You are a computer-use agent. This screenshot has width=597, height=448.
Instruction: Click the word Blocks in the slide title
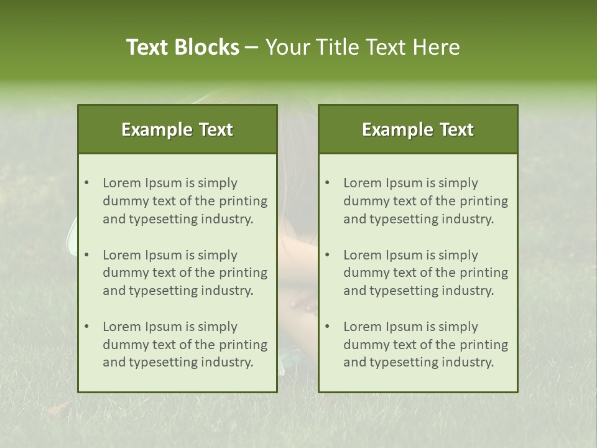tap(207, 47)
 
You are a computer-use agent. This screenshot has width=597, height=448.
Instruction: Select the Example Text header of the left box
tap(177, 129)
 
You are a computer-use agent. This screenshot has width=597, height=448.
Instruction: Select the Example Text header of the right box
tap(418, 129)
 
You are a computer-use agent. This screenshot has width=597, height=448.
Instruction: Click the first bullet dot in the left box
tap(86, 183)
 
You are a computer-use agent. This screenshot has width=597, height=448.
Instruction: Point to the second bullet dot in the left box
tap(86, 255)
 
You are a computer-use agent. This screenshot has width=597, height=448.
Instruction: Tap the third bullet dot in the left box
tap(86, 327)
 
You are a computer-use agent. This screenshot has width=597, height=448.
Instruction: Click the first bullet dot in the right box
tap(327, 183)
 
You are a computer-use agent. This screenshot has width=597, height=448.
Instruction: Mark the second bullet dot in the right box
tap(327, 255)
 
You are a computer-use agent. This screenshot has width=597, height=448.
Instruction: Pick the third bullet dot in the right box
tap(327, 327)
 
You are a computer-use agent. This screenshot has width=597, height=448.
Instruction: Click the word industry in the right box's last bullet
tap(469, 363)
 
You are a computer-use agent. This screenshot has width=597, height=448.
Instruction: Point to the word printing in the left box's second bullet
tap(244, 273)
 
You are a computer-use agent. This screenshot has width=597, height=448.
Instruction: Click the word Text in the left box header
tap(216, 129)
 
